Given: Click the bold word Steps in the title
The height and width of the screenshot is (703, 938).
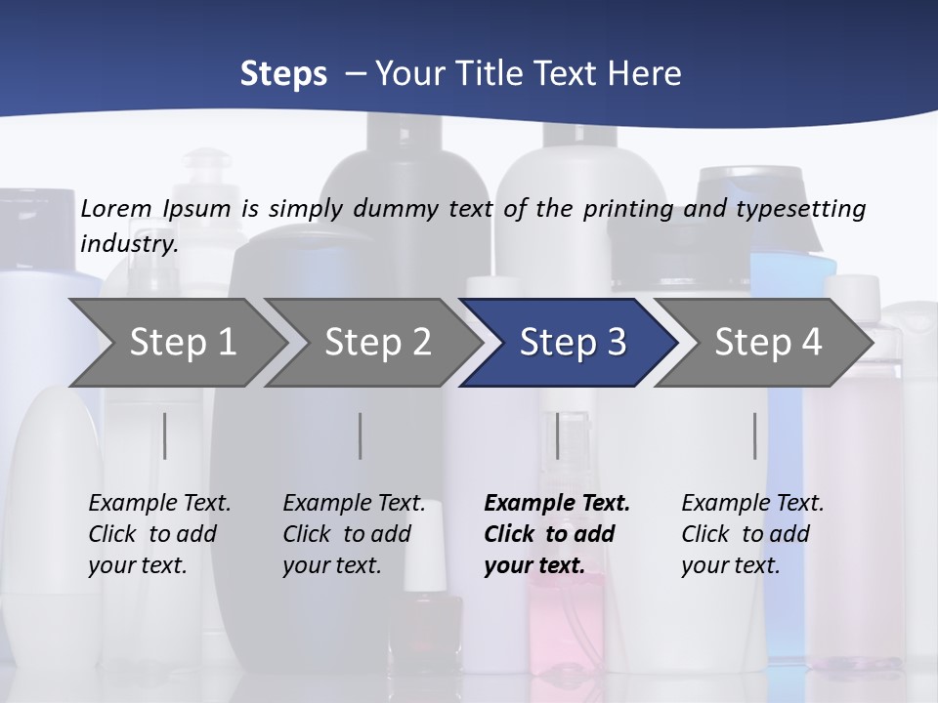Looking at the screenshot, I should tap(283, 73).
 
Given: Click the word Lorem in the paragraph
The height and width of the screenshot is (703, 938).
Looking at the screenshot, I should tap(116, 208).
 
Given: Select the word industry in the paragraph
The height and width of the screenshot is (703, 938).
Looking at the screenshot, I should tap(128, 243).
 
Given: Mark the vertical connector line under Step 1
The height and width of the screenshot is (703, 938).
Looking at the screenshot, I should tap(165, 435).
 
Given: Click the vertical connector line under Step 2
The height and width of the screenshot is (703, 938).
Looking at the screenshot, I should tap(361, 435).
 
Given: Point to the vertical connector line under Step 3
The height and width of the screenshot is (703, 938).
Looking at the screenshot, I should tap(557, 435).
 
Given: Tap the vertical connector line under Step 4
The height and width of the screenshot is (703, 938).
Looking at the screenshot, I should tap(754, 435).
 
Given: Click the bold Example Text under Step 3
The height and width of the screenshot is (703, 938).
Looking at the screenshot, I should tap(557, 503).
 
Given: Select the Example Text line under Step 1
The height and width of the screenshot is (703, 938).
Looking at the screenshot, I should tap(159, 503).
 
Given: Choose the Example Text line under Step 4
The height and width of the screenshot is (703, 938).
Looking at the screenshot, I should tap(752, 503).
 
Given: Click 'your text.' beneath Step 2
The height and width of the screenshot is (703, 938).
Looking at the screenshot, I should tap(331, 565).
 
